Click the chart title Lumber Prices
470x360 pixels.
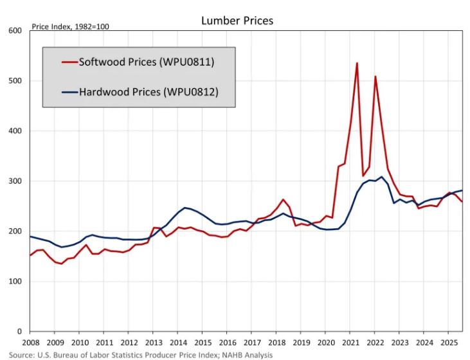237,21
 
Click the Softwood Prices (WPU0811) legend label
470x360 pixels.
146,62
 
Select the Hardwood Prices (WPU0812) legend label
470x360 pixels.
149,92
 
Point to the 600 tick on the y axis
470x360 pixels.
14,31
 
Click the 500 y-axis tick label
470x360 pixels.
14,81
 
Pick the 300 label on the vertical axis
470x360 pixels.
14,181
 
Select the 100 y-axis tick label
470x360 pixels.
14,282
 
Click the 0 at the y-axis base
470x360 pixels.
20,332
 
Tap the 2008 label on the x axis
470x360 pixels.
30,343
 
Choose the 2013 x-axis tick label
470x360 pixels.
154,343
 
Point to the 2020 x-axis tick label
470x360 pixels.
326,343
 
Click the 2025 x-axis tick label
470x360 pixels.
449,343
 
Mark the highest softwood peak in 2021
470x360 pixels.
357,63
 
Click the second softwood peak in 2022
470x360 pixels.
375,76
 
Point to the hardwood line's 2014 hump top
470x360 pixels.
185,208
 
